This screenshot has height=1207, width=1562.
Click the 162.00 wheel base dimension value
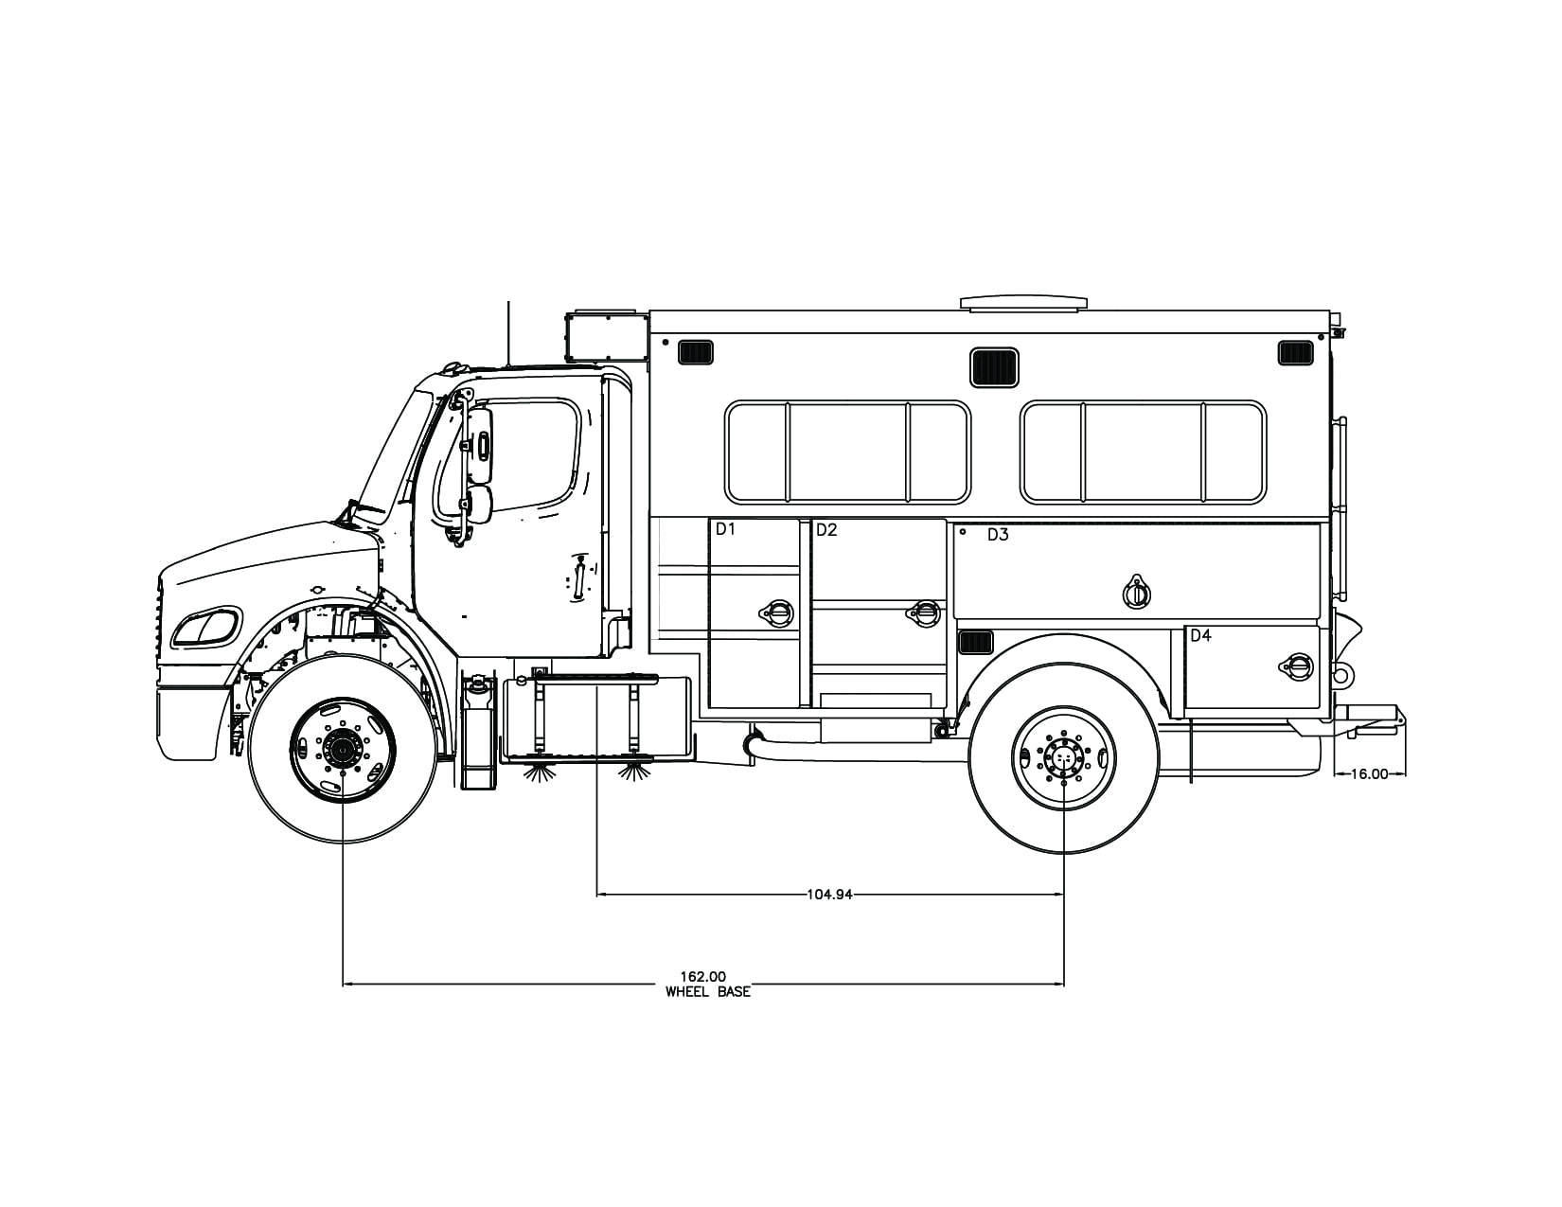(x=702, y=976)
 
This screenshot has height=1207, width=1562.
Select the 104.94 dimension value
(x=829, y=894)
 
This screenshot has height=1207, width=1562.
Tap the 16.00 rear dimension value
(x=1368, y=773)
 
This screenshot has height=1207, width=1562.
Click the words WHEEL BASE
(x=707, y=992)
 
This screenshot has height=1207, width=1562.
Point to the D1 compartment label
(x=725, y=529)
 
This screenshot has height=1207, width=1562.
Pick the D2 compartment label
(x=826, y=530)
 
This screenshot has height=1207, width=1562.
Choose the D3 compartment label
(x=998, y=535)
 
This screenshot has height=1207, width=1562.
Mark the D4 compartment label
(x=1200, y=636)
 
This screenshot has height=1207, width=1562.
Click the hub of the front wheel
(x=342, y=750)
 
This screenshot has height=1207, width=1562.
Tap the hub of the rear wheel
(x=1063, y=757)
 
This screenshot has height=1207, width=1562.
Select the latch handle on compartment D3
(x=1136, y=593)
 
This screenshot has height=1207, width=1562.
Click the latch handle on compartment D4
(x=1298, y=666)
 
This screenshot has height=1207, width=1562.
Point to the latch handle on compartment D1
(x=777, y=612)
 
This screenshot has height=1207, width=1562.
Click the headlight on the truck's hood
(x=205, y=629)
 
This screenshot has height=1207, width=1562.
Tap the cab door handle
(x=578, y=577)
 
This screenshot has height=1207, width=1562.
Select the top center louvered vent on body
(x=994, y=367)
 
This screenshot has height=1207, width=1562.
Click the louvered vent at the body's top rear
(x=1295, y=353)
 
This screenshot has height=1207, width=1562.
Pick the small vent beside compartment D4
(x=976, y=643)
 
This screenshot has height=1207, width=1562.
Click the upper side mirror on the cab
(x=481, y=446)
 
